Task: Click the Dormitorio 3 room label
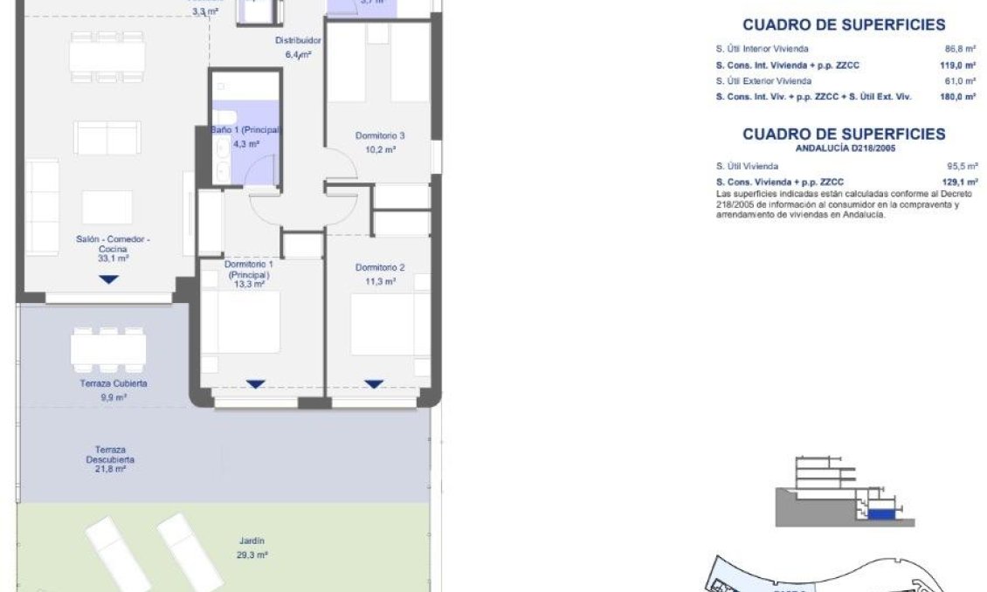379,136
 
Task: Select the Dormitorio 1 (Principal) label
249,269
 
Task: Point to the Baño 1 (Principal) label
245,130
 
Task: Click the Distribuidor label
299,41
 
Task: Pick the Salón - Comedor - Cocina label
107,244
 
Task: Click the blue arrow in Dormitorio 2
374,384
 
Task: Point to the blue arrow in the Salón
107,279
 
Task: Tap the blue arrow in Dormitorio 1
255,384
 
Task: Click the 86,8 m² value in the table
959,50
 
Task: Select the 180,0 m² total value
958,97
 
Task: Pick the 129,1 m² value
958,182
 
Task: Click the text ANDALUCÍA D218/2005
844,148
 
